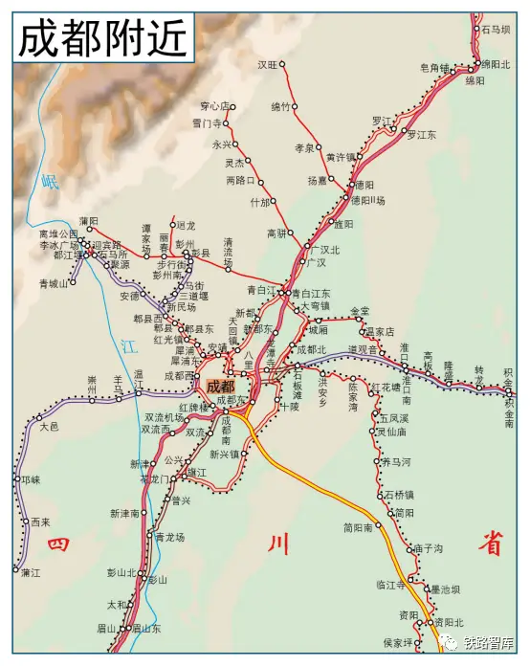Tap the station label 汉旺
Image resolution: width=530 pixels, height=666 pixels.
(x=267, y=64)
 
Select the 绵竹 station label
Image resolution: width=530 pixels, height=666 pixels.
(x=280, y=106)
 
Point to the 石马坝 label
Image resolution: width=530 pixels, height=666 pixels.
(x=497, y=30)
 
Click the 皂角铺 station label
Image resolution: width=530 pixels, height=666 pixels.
(x=434, y=68)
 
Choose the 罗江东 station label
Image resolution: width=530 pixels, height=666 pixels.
(x=422, y=136)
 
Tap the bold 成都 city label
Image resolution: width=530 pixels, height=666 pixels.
(x=221, y=387)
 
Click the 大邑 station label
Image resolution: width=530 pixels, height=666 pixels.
(x=49, y=427)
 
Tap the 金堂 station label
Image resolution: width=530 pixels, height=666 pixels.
(x=359, y=311)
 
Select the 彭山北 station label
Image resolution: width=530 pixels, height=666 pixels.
(x=121, y=572)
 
